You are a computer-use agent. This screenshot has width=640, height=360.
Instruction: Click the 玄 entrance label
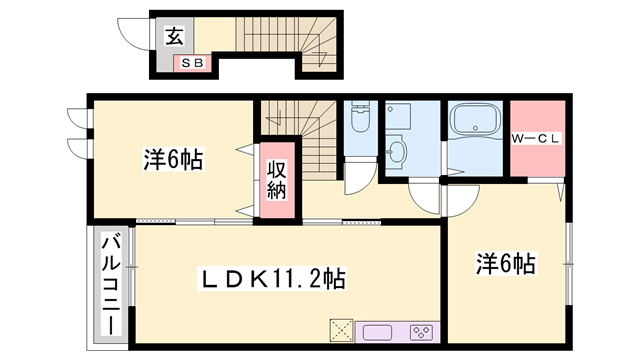tap(173, 37)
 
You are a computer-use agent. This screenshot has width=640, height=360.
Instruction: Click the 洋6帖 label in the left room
tap(173, 158)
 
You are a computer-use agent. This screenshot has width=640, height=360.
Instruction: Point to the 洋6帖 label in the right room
tap(505, 264)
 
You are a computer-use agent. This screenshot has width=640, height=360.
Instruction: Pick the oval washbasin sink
tap(398, 153)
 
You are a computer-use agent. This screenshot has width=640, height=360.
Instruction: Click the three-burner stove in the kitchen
tap(421, 331)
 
